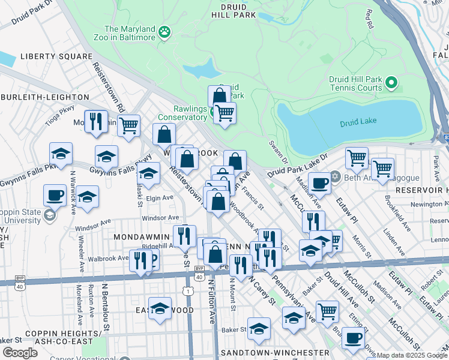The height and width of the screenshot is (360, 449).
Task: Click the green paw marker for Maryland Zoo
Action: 164,32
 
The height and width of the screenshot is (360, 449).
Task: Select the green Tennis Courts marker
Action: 391,83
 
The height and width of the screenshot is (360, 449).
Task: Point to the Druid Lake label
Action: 358,122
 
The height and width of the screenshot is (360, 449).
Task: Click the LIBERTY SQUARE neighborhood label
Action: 56,56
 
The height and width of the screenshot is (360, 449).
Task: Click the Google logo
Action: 20,352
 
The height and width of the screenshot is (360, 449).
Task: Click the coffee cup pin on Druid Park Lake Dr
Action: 319,182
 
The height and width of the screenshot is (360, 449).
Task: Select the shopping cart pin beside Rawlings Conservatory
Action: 224,112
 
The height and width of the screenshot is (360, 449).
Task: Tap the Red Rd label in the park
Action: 369,19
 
